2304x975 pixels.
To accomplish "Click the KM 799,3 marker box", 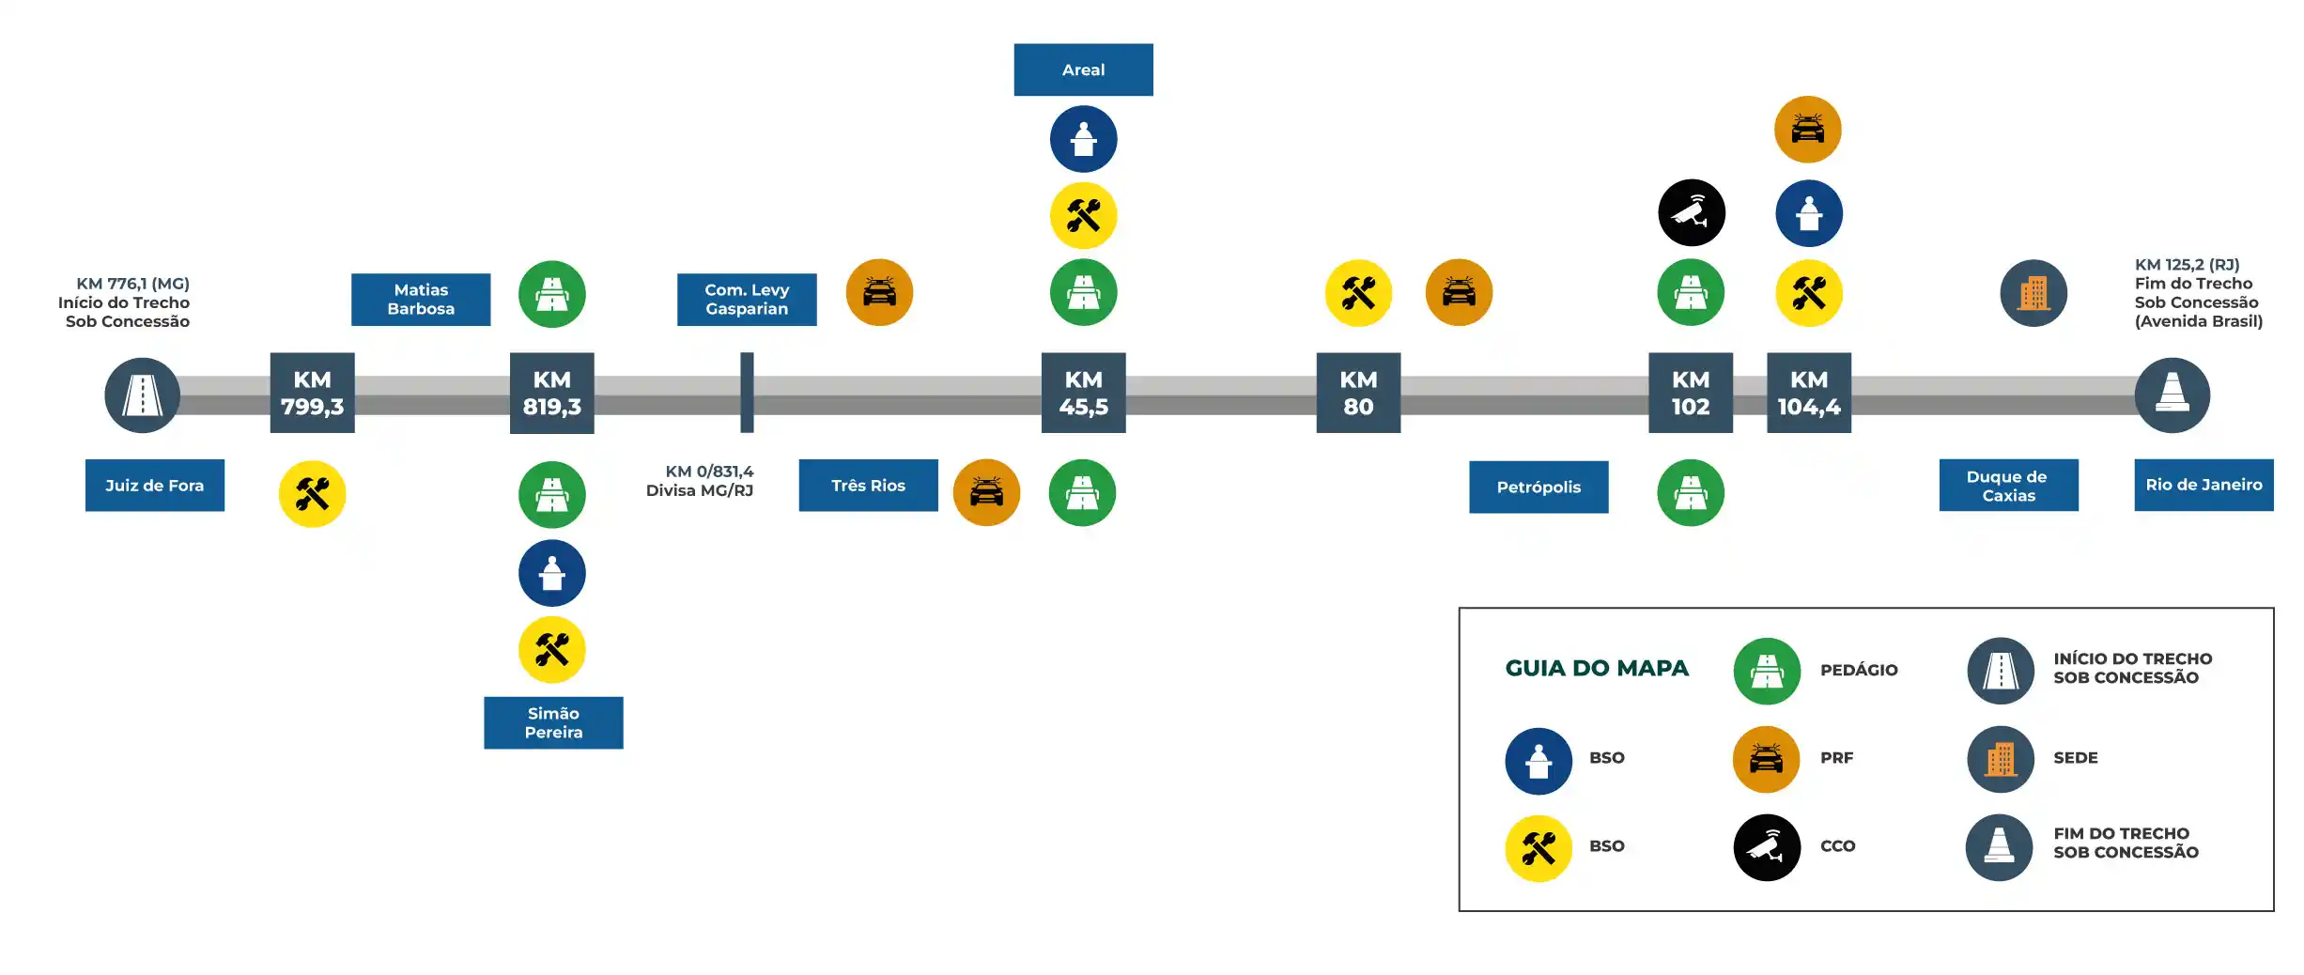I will (312, 393).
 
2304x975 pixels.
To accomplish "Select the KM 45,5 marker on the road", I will (1083, 393).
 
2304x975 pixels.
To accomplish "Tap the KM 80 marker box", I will (1357, 393).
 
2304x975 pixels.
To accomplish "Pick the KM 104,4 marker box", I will (1808, 393).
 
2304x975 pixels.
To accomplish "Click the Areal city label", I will (1083, 70).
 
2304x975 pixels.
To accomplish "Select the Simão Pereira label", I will (553, 722).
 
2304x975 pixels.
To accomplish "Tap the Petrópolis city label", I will (1538, 487).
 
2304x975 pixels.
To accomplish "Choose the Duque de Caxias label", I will (2008, 486).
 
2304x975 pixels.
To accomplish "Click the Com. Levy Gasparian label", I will (747, 300).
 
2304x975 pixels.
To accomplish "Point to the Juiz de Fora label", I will (154, 486).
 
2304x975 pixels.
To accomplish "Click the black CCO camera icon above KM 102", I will (1691, 213).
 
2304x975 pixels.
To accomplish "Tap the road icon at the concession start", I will (142, 395).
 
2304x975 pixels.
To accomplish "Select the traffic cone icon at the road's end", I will (2172, 395).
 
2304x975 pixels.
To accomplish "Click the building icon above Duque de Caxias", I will (2033, 293).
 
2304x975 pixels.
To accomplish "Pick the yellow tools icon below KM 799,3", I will (312, 494).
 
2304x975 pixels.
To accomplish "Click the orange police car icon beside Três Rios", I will (986, 492).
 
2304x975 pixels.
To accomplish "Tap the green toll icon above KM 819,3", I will (552, 294).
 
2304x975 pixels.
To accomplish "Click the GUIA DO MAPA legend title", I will (1596, 668).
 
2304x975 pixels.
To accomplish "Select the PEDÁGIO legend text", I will (1858, 670).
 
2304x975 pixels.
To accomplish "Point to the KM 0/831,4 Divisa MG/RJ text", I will (700, 481).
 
